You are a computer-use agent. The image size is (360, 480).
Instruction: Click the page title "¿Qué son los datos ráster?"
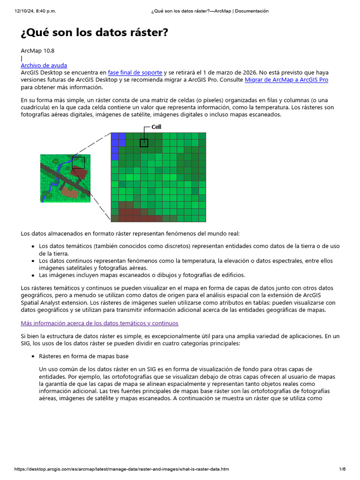coord(94,33)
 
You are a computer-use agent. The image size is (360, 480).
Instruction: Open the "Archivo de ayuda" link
coord(44,66)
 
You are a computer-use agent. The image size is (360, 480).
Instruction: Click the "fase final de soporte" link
coord(135,73)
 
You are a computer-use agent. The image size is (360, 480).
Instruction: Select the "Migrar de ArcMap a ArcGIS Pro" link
coord(286,80)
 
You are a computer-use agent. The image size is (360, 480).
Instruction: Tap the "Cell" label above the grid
coord(156,127)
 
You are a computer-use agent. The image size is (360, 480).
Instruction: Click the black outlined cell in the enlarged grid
coord(144,143)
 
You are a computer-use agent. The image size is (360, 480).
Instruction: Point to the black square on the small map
coord(79,162)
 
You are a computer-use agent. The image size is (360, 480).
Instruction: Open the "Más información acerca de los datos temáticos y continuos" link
coord(99,323)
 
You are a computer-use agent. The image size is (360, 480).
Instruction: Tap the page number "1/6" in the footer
coord(342,469)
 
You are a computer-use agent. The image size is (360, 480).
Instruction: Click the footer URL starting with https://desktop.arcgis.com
coord(122,469)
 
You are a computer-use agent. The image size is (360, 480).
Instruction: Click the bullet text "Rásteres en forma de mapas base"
coord(83,356)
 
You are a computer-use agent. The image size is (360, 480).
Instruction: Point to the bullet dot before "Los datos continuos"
coord(33,261)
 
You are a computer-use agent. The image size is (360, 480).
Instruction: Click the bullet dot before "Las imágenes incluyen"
coord(33,275)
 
